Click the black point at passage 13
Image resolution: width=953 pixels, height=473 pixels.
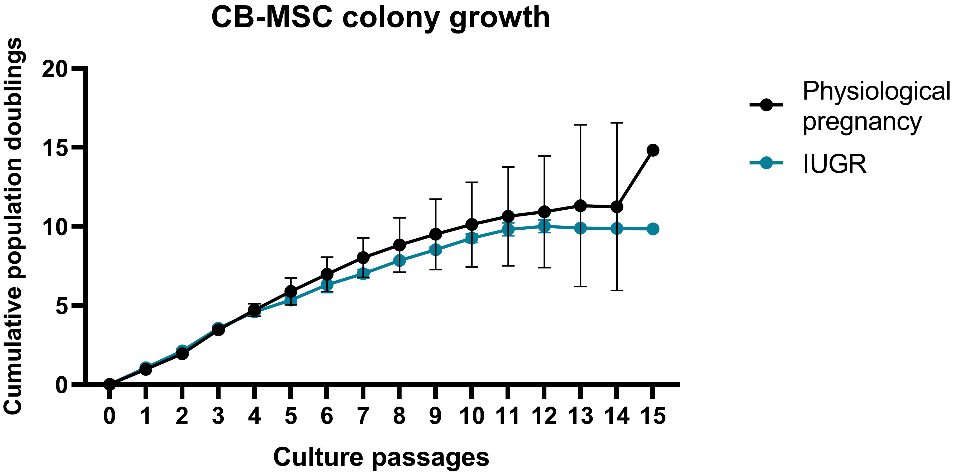(580, 206)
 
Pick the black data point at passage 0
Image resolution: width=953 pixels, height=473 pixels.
(109, 384)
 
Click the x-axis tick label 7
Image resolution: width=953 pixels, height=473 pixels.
(363, 416)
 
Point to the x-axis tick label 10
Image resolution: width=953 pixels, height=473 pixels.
(472, 416)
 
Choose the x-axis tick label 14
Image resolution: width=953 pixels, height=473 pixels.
(617, 416)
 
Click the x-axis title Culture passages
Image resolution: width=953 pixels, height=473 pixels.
(381, 457)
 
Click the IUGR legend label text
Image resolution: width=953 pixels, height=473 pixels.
(835, 163)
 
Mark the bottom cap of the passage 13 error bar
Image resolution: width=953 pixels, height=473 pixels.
(580, 287)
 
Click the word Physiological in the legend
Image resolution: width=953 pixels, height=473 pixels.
(876, 91)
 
